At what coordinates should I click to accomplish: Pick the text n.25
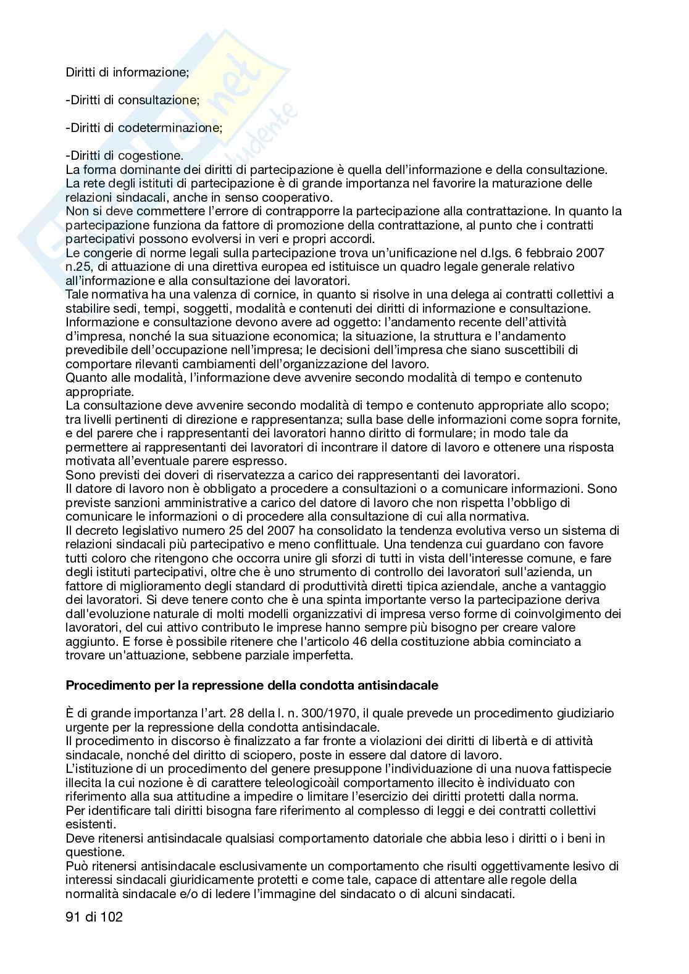[78, 266]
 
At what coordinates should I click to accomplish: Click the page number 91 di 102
[94, 917]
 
